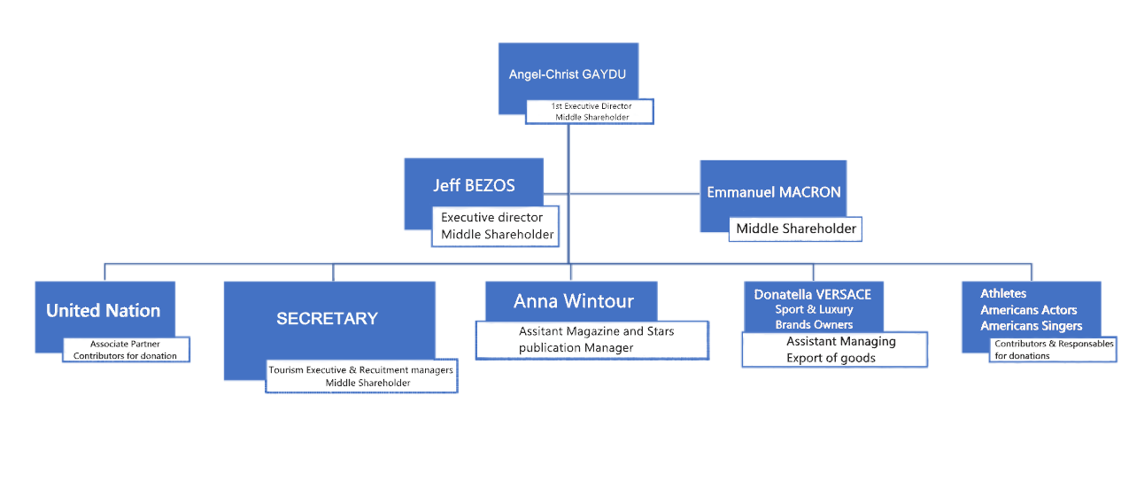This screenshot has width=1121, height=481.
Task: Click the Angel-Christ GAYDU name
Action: point(568,74)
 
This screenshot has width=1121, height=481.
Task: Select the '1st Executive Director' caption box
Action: point(590,112)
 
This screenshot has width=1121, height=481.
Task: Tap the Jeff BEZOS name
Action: point(474,185)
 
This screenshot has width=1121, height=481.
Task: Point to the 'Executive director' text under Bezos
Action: point(491,217)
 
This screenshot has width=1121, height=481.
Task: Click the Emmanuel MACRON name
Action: point(774,192)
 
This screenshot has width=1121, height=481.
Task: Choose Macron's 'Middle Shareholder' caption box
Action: point(795,229)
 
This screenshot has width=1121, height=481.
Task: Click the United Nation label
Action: point(103,310)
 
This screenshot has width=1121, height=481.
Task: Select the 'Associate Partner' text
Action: point(125,344)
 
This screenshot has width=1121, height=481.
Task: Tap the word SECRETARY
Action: point(328,318)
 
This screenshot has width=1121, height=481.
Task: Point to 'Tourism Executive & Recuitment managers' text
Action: point(360,370)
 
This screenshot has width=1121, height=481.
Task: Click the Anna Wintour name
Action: point(574,301)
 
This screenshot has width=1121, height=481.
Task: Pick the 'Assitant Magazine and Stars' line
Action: point(597,330)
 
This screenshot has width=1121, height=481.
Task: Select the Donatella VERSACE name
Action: point(813,294)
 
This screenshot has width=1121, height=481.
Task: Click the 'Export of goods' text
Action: point(831,358)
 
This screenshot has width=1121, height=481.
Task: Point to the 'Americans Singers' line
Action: point(1031,326)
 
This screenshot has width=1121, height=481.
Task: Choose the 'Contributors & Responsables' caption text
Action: point(1054,344)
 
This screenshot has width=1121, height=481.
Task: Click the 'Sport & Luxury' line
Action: point(814,309)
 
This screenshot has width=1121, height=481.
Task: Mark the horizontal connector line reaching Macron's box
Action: point(634,193)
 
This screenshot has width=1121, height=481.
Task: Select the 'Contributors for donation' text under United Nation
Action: point(125,356)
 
